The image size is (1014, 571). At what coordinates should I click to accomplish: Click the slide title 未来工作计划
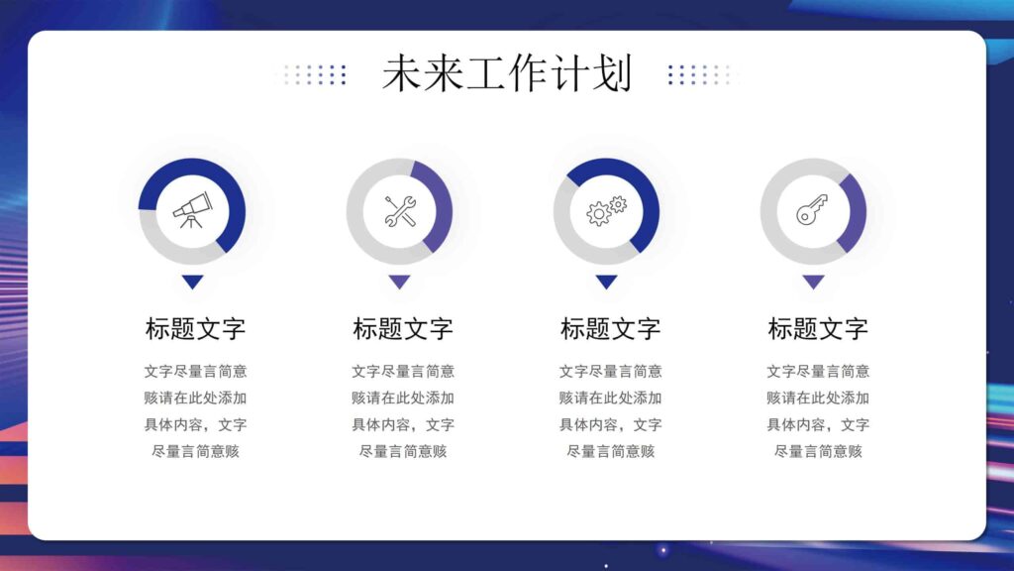506,74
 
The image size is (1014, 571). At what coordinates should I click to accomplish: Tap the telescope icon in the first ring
191,210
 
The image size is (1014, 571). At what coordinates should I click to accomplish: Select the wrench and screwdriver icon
399,210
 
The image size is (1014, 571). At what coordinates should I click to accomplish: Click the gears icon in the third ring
607,210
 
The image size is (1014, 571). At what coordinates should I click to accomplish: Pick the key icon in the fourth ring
813,210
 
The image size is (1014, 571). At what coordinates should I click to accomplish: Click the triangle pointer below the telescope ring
192,282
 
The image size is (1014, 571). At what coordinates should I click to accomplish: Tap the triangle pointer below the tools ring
399,282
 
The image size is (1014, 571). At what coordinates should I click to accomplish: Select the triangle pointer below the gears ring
607,282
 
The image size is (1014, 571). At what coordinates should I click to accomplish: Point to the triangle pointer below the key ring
813,282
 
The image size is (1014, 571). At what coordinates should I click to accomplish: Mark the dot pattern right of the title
700,74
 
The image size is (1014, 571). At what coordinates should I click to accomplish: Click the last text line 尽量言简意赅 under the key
818,451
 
